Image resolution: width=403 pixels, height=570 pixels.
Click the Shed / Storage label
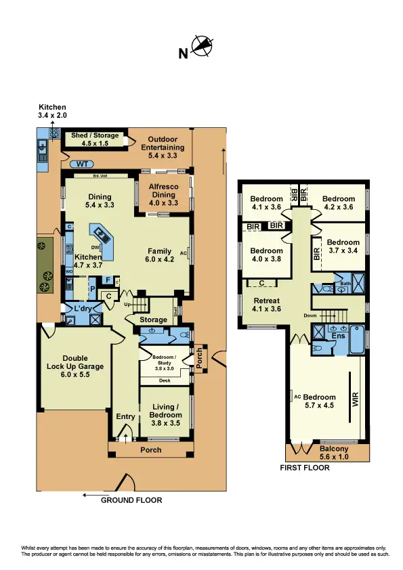pyautogui.click(x=95, y=139)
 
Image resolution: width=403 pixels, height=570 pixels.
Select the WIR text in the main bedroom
pyautogui.click(x=354, y=400)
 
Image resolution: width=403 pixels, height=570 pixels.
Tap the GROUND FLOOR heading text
pyautogui.click(x=131, y=500)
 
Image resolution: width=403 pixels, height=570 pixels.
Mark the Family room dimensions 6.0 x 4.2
pyautogui.click(x=161, y=259)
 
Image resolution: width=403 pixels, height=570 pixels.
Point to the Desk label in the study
pyautogui.click(x=164, y=380)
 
